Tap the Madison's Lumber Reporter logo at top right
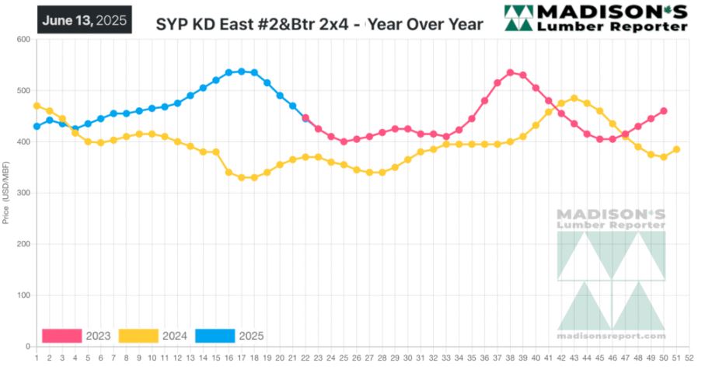tap(595, 19)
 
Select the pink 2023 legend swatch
tap(61, 336)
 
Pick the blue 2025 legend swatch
tap(215, 336)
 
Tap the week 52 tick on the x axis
tap(689, 358)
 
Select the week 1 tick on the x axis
tap(37, 358)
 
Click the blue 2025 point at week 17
tap(242, 72)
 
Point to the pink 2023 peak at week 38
tap(510, 73)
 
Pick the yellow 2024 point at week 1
tap(37, 106)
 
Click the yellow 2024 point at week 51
tap(676, 149)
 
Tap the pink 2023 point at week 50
tap(664, 111)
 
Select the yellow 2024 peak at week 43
tap(574, 99)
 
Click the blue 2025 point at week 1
tap(37, 126)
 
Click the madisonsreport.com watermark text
tap(611, 336)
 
